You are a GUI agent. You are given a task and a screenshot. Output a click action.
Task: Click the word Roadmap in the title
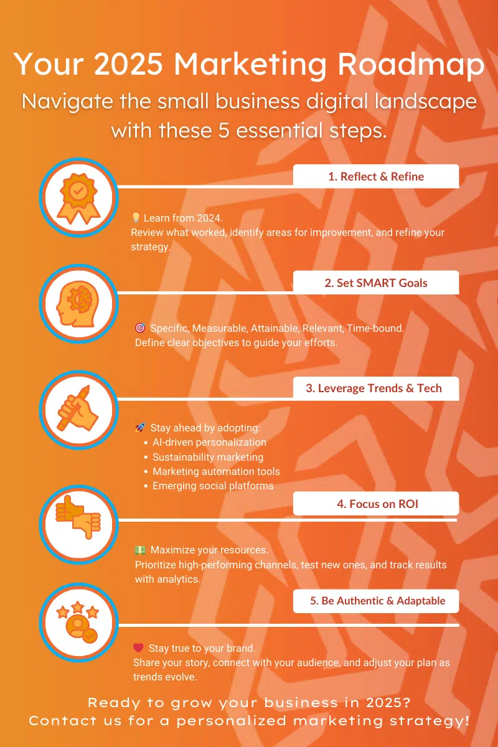[411, 64]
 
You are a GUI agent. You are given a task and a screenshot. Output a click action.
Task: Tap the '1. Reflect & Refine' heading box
[376, 176]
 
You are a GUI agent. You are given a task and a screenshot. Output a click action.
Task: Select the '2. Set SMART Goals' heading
[376, 283]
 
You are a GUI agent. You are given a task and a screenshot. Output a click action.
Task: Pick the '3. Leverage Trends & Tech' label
[376, 388]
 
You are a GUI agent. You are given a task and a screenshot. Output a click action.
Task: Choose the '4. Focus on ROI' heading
[376, 504]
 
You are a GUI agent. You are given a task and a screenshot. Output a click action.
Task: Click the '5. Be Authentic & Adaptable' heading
[376, 601]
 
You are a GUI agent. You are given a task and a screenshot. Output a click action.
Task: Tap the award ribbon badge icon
[78, 198]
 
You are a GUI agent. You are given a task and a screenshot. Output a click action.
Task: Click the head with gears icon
[78, 304]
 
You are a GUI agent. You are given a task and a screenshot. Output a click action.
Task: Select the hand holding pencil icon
[78, 408]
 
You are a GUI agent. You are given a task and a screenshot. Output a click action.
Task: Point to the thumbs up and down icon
[78, 517]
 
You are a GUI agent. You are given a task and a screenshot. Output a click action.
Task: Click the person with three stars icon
[78, 622]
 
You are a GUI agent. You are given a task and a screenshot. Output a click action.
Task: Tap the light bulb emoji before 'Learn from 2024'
[136, 218]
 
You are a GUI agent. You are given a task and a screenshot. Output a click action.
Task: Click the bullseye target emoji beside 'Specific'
[140, 328]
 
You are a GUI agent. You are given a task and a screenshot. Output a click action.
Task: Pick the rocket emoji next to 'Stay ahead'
[140, 428]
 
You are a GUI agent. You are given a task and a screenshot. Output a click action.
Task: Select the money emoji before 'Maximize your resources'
[140, 550]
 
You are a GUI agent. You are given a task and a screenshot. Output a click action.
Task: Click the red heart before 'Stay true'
[138, 647]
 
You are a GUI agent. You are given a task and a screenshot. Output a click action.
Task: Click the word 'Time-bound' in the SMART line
[375, 328]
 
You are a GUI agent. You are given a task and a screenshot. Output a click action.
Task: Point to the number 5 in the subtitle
[224, 130]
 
